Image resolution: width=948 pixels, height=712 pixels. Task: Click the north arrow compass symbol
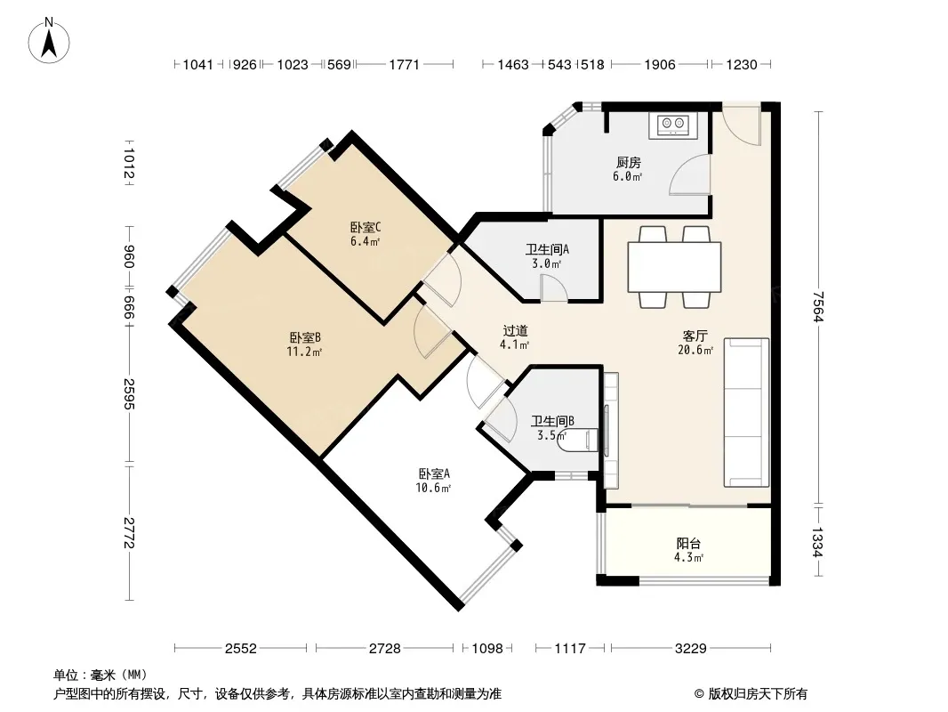(49, 40)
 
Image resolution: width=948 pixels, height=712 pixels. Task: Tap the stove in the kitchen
(673, 125)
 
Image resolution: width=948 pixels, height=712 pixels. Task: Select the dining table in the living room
(674, 267)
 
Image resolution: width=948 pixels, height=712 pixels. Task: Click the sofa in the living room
(746, 412)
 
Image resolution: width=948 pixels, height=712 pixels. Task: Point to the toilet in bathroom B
(578, 440)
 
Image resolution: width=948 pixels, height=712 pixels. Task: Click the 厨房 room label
(628, 162)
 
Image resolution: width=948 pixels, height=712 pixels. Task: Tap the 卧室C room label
(366, 228)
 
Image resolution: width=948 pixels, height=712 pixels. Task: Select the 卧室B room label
(305, 337)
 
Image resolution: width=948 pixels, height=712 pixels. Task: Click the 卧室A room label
(433, 473)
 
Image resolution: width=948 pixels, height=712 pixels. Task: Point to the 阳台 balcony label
(688, 543)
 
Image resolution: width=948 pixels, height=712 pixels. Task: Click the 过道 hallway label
(515, 331)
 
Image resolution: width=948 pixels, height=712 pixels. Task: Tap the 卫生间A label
(547, 249)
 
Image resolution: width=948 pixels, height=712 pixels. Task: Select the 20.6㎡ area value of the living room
(695, 350)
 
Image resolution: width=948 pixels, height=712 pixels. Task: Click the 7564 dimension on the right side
(818, 307)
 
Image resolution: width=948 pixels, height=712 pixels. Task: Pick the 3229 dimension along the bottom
(690, 649)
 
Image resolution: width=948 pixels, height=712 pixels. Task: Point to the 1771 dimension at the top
(404, 64)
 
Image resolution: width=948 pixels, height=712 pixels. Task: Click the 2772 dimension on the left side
(129, 533)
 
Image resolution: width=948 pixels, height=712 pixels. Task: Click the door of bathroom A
(553, 288)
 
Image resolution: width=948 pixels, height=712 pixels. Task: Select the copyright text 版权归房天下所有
(758, 694)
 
